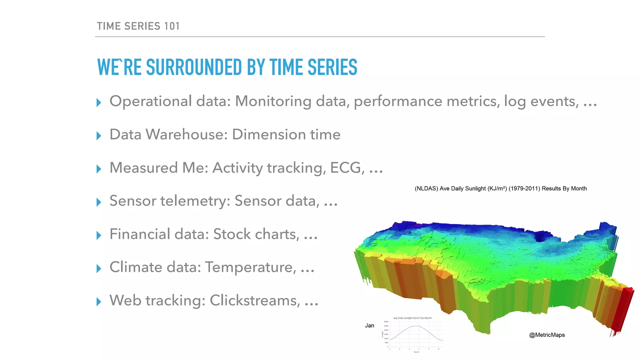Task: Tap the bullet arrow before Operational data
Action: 99,102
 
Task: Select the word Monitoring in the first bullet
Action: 273,102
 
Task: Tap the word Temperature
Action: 250,267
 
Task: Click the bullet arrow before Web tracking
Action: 99,302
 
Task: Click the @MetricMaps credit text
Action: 547,335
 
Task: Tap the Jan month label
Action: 369,326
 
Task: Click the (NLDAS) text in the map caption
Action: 426,188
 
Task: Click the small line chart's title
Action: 412,318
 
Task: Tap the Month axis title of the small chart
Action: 416,352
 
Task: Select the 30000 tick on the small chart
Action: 386,322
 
